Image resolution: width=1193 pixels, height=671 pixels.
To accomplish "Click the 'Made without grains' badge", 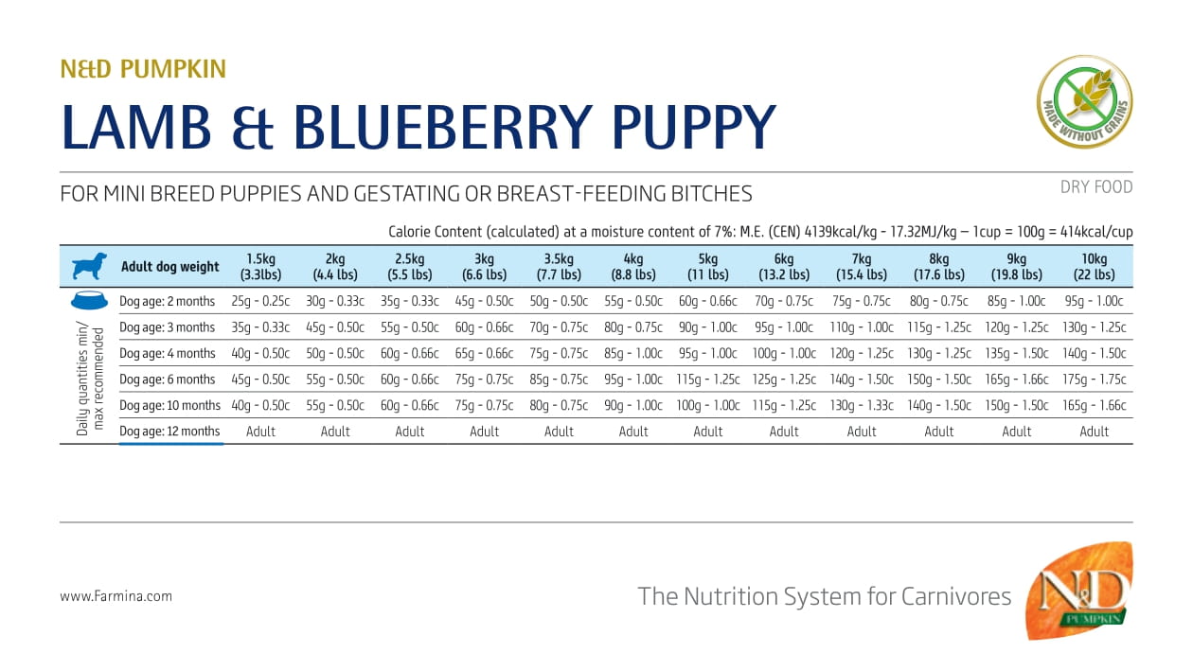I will click(1085, 102).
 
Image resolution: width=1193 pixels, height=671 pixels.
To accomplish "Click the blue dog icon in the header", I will click(89, 267).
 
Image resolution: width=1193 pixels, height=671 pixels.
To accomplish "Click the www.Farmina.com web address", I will click(116, 596).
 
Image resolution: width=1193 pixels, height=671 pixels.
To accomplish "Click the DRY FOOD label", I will click(1096, 187).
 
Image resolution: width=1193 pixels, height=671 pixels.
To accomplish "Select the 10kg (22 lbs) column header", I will click(1094, 267).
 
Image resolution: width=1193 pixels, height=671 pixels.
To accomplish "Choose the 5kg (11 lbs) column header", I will click(708, 267).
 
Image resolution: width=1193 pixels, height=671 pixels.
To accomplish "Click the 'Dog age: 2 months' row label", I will click(168, 302).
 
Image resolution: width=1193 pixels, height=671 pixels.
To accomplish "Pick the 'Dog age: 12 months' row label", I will click(170, 432).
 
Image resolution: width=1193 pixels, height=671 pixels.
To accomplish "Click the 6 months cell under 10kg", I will click(1094, 380).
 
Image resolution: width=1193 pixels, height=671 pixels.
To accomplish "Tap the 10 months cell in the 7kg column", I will click(862, 405).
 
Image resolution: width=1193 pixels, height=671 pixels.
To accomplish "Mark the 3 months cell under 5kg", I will click(708, 327).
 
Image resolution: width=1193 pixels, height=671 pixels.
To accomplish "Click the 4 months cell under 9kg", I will click(1016, 353).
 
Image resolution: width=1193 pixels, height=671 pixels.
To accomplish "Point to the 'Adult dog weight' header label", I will click(170, 267).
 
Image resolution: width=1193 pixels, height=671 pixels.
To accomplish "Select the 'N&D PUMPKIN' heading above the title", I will click(143, 69).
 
